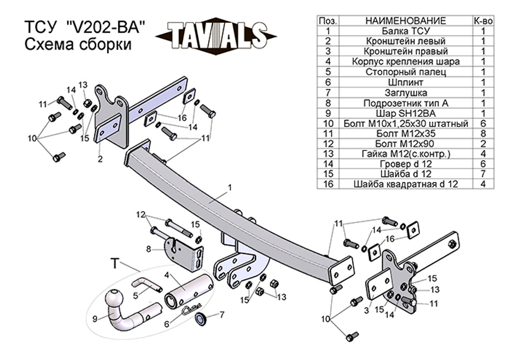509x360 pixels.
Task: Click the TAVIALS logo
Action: coord(216,35)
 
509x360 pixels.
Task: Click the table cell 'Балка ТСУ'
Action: coord(406,31)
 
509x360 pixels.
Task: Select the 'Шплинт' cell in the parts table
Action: coord(406,82)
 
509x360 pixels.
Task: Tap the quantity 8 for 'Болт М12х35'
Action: coord(483,133)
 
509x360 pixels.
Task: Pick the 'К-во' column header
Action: coord(483,21)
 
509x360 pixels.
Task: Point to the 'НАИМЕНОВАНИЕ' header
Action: coord(406,21)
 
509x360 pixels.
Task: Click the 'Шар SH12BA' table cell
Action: coord(406,113)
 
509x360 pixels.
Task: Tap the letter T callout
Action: coord(115,264)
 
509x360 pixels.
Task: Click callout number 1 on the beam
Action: coord(230,187)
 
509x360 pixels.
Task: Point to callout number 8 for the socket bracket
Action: coord(149,250)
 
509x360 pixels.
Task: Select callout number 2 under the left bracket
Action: coord(100,159)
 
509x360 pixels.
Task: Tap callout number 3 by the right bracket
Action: coord(366,311)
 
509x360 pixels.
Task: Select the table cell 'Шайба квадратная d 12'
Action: coord(406,184)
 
